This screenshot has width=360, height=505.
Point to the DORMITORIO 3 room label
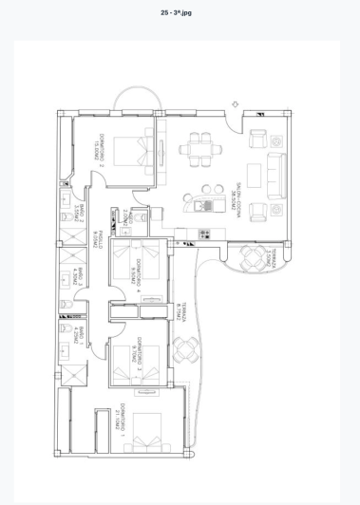pos(137,352)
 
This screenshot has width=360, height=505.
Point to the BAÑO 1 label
pos(83,334)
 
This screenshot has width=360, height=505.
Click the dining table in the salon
pos(202,148)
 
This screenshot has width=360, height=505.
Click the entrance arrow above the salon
pos(236,104)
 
